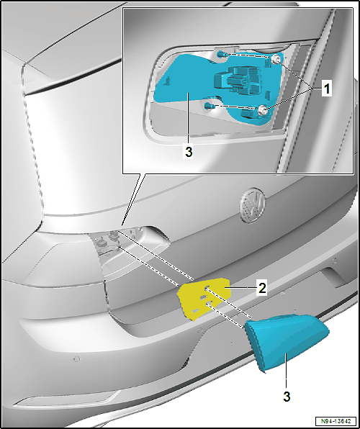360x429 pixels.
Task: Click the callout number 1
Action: (327, 89)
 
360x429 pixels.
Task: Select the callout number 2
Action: (262, 288)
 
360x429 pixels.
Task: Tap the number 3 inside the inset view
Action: (189, 152)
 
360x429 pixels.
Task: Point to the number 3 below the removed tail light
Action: (287, 396)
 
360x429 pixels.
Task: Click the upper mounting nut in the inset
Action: (276, 58)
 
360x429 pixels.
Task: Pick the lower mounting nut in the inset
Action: (263, 109)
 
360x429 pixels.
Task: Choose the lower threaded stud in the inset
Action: (210, 105)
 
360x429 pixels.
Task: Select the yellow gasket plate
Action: (204, 298)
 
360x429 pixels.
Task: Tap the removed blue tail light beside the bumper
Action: (285, 340)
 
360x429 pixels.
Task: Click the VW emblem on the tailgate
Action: (253, 206)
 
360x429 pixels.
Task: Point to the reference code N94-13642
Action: (336, 420)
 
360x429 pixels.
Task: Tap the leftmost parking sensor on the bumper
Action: (77, 358)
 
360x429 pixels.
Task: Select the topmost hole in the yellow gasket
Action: (207, 287)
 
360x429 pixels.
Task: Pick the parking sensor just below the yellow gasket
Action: (200, 330)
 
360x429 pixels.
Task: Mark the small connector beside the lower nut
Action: (248, 114)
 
